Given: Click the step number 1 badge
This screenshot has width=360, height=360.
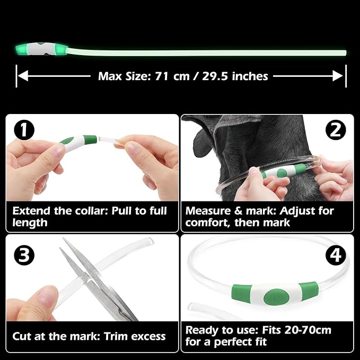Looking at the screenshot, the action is [x=24, y=130].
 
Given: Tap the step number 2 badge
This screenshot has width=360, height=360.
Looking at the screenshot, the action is [x=336, y=130].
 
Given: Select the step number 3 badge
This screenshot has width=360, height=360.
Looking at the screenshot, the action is [x=24, y=255].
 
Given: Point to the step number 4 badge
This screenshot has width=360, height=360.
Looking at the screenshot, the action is [x=336, y=255].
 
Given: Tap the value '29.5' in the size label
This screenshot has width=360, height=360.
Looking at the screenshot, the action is [x=215, y=76].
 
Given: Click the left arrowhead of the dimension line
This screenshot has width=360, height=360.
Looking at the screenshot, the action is [x=23, y=76].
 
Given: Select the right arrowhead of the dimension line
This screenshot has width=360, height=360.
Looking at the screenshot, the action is [x=338, y=76].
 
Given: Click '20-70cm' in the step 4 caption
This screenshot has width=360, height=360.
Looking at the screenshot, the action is [x=308, y=330].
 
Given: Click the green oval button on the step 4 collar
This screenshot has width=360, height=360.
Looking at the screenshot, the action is [x=276, y=297].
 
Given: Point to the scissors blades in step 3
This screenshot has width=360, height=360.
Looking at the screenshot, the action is [x=92, y=276].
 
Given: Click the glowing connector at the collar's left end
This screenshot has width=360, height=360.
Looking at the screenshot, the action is [x=41, y=49].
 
